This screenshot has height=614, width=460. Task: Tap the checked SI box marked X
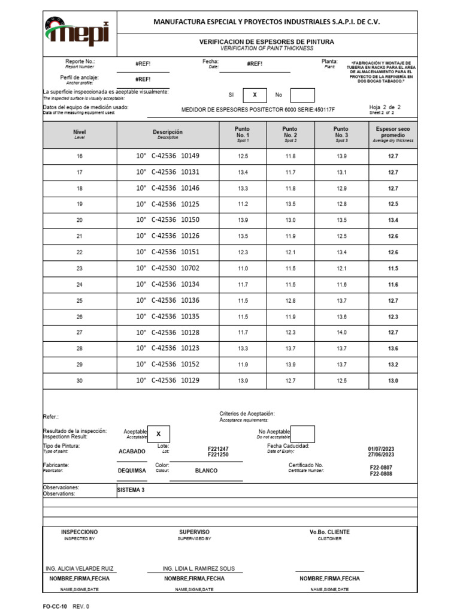click(255, 95)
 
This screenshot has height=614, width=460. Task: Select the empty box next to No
click(302, 95)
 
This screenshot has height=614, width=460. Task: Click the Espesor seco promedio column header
click(393, 134)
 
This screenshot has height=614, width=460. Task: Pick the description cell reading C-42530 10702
click(168, 269)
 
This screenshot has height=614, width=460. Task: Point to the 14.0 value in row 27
click(341, 332)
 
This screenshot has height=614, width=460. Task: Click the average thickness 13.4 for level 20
click(393, 221)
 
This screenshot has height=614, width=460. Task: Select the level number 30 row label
click(80, 381)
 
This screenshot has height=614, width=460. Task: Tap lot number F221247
click(218, 449)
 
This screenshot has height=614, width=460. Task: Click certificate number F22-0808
click(381, 474)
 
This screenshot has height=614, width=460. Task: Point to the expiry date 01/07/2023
click(381, 449)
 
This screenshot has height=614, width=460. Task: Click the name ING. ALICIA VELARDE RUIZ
click(80, 568)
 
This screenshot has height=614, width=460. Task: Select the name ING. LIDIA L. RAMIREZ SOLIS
click(199, 568)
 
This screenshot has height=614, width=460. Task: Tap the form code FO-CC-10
click(55, 607)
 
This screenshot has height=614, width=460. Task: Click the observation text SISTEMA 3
click(131, 490)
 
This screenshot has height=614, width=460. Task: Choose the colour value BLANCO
click(206, 471)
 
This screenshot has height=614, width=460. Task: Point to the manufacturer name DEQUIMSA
click(132, 471)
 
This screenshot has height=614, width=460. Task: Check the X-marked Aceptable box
click(158, 434)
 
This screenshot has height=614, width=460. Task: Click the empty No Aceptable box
click(302, 434)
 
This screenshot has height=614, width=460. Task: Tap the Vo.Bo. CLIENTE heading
click(329, 532)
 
